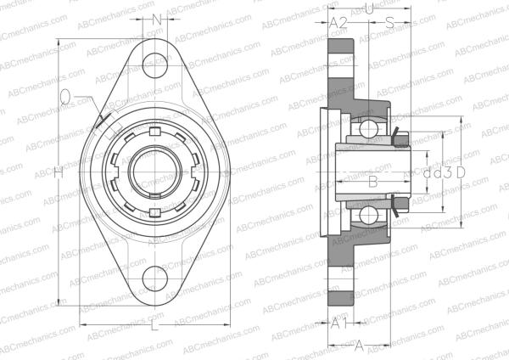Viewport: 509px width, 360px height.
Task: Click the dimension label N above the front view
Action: pyautogui.click(x=155, y=19)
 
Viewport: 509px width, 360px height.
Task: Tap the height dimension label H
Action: pyautogui.click(x=58, y=172)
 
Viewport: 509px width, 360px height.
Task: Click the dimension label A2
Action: pyautogui.click(x=338, y=22)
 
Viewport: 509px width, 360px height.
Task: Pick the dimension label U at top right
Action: pyautogui.click(x=368, y=8)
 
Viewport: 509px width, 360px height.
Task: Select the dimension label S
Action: pyautogui.click(x=389, y=22)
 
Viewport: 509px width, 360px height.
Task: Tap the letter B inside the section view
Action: pyautogui.click(x=371, y=180)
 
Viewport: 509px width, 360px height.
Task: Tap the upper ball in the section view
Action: pyautogui.click(x=369, y=129)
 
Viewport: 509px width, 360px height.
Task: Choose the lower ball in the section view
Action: pyautogui.click(x=369, y=214)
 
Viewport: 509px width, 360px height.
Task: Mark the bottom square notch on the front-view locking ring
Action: pyautogui.click(x=154, y=210)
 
